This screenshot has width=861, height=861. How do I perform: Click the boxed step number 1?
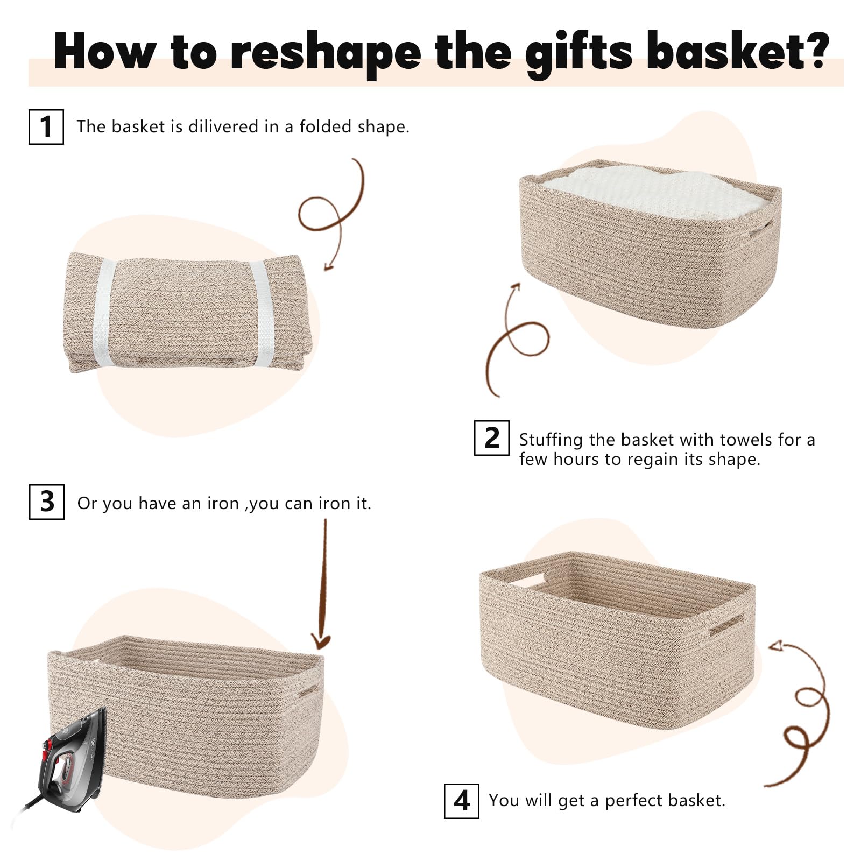tap(46, 126)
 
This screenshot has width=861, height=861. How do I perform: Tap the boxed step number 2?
tap(491, 438)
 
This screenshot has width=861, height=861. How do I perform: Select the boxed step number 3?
tap(46, 502)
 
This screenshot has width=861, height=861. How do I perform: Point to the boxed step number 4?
tap(461, 801)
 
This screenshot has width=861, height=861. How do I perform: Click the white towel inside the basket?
tap(654, 191)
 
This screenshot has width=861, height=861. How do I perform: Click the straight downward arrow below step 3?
tap(322, 584)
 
